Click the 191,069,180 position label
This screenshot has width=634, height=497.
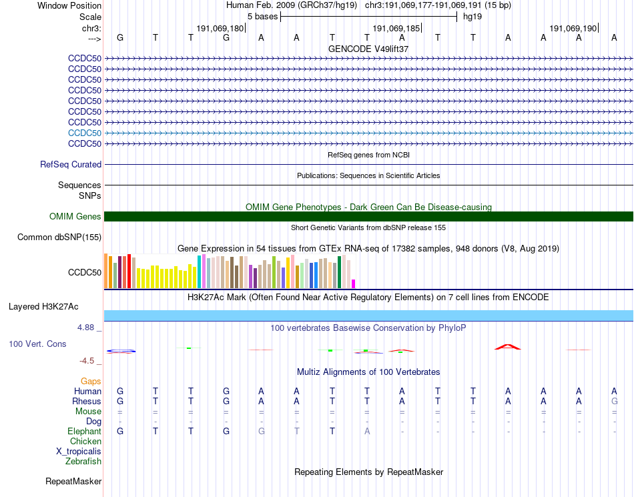tap(220, 29)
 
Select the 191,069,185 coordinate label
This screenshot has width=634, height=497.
tap(396, 29)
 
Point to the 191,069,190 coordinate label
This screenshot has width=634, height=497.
tap(573, 29)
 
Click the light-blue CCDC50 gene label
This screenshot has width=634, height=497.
tap(85, 133)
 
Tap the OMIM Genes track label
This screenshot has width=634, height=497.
tap(75, 216)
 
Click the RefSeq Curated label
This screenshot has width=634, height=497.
tap(71, 164)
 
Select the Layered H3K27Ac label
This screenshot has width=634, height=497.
tap(43, 307)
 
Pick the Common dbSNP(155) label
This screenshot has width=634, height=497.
tap(59, 237)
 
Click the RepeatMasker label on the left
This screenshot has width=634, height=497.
tap(73, 481)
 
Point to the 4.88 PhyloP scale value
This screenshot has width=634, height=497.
tap(86, 328)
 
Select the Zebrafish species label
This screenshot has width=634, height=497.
tap(83, 461)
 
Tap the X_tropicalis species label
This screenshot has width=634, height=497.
tap(79, 451)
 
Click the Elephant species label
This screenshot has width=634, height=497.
tap(85, 431)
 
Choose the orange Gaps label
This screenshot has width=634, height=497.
tap(91, 381)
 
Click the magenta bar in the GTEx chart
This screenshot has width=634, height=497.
tap(354, 284)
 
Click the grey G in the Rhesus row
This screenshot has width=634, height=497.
tap(614, 401)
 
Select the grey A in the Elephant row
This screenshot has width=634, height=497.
tap(367, 431)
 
